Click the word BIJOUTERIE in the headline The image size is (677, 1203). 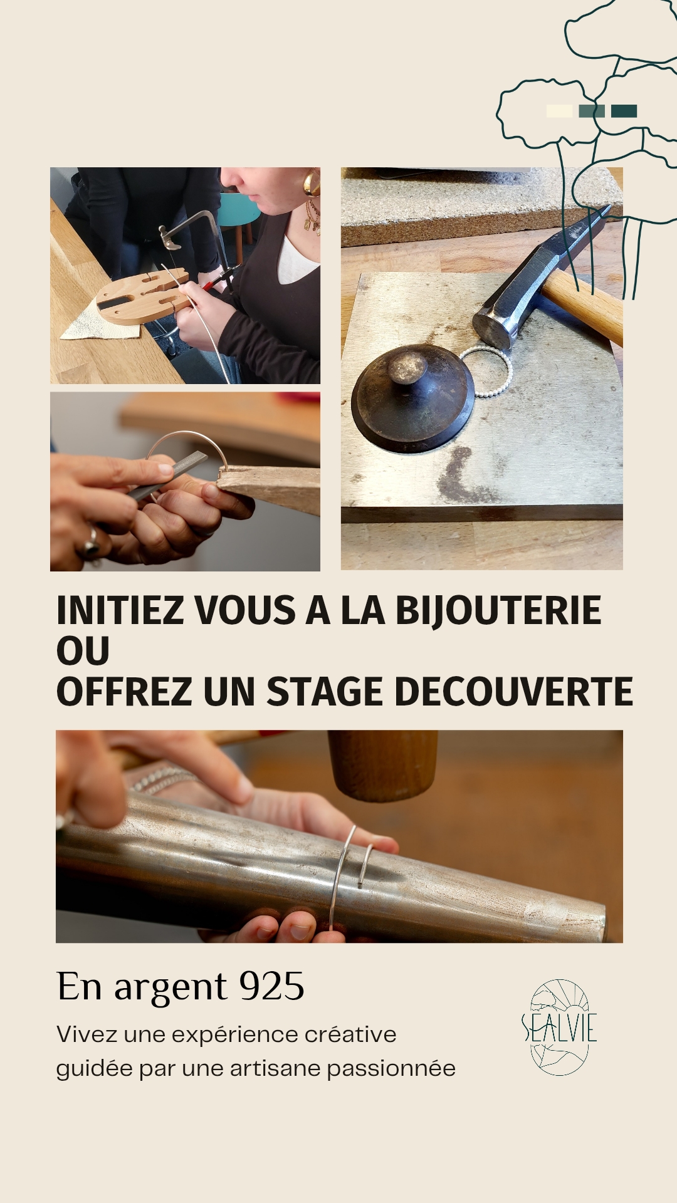[498, 611]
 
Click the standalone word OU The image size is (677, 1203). [83, 651]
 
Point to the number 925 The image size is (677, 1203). [272, 986]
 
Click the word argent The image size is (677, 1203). [170, 989]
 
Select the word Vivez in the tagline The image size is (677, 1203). [88, 1034]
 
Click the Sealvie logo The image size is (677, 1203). [559, 1028]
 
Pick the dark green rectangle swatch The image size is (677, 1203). [624, 111]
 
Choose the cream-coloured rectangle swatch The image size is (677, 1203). [559, 111]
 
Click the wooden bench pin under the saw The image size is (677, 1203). [143, 296]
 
